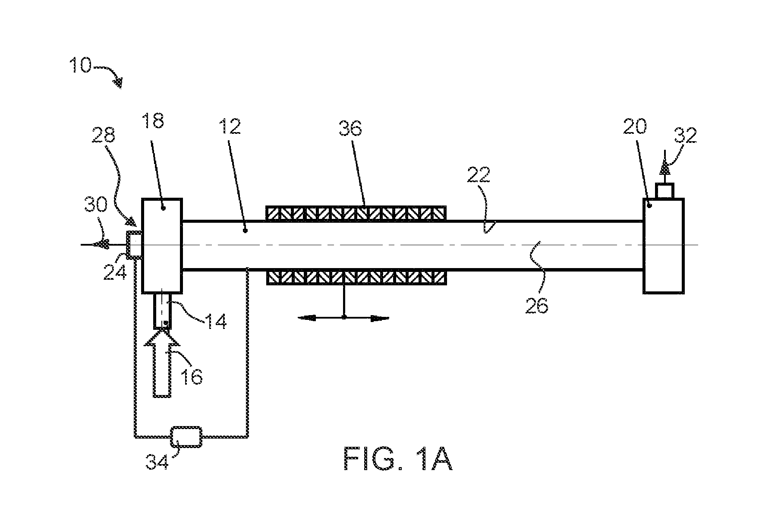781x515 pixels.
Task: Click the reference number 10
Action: (x=81, y=66)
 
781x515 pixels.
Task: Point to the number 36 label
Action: (x=351, y=128)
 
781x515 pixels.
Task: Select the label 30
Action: (x=96, y=205)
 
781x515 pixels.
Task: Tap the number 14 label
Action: (x=215, y=322)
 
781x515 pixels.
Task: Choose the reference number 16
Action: (x=192, y=376)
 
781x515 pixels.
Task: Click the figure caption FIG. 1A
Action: (x=398, y=458)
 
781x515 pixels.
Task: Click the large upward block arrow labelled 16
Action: (x=162, y=363)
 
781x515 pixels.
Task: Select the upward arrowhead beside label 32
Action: (x=664, y=167)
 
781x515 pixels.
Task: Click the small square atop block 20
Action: (x=665, y=191)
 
